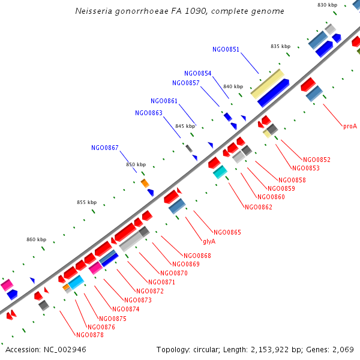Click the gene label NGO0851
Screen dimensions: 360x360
click(x=226, y=49)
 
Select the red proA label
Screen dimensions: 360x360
click(x=350, y=126)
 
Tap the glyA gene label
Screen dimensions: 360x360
click(x=209, y=241)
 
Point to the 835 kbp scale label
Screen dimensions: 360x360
click(x=280, y=46)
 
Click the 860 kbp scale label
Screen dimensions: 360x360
click(x=36, y=239)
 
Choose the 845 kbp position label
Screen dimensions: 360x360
click(x=185, y=126)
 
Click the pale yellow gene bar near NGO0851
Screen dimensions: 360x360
click(x=267, y=83)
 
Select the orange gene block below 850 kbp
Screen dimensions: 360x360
click(x=145, y=182)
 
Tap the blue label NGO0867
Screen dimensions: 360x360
click(x=105, y=148)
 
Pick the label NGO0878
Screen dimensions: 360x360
click(x=90, y=335)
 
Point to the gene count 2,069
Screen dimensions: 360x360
click(x=341, y=349)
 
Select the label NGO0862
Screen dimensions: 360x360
click(x=258, y=207)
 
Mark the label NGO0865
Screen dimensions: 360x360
click(x=227, y=232)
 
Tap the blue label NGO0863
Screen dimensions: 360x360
click(x=149, y=113)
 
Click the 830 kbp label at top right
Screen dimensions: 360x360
click(x=327, y=5)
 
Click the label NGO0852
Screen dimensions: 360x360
click(x=317, y=160)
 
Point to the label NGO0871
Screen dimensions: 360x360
click(x=161, y=282)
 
